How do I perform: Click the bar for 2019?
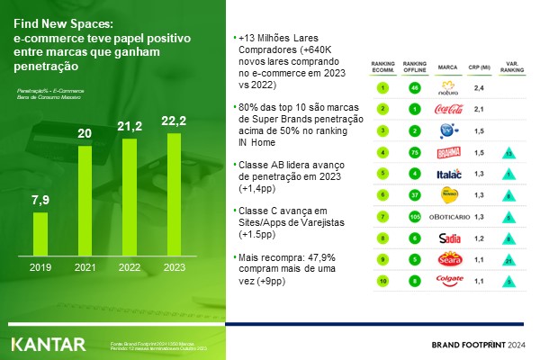click(40, 235)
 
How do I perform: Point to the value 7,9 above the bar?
click(40, 199)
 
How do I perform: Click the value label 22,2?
click(173, 121)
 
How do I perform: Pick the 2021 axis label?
click(85, 268)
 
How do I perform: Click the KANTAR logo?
click(49, 344)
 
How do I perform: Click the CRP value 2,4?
click(480, 88)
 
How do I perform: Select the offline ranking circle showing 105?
click(413, 217)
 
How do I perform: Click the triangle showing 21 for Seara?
click(509, 260)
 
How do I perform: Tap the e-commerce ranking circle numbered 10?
click(382, 281)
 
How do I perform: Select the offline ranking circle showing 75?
click(413, 152)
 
